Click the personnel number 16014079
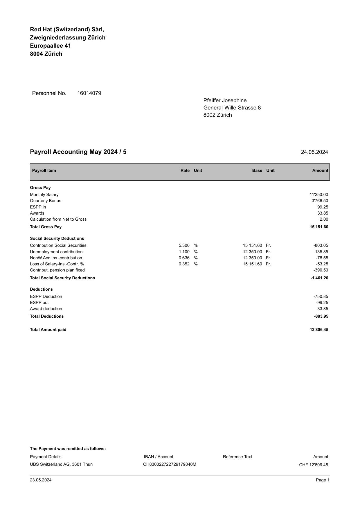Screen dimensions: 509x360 pos(89,93)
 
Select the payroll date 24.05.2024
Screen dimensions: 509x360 pos(314,152)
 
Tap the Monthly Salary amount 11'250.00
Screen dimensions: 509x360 pos(319,195)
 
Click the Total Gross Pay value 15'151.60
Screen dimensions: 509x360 pos(319,227)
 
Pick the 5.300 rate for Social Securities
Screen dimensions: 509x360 pos(184,245)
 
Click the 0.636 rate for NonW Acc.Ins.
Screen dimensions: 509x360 pos(184,258)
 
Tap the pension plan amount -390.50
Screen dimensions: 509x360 pos(321,270)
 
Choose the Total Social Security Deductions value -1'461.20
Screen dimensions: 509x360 pos(319,278)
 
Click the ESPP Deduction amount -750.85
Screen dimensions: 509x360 pos(321,296)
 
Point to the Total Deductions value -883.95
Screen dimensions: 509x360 pos(321,316)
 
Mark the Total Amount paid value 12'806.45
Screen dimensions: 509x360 pos(319,330)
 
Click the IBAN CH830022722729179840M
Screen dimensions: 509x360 pos(170,464)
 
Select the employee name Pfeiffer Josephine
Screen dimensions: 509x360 pos(225,100)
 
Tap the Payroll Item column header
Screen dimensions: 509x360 pos(44,170)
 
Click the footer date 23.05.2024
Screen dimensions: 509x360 pos(41,480)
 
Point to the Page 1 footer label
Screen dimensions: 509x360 pos(323,480)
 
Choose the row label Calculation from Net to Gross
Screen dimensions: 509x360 pos(58,219)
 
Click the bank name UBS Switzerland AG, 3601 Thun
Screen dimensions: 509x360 pos(61,464)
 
